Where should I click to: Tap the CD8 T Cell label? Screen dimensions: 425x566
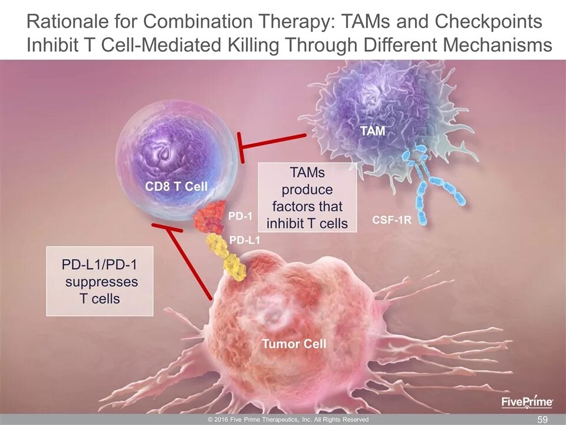(176, 187)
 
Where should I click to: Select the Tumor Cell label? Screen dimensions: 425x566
(294, 344)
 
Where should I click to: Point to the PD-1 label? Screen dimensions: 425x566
(240, 217)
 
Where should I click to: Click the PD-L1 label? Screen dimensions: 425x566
(244, 240)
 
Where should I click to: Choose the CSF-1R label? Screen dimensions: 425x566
(391, 221)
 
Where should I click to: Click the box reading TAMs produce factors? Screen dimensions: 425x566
(308, 197)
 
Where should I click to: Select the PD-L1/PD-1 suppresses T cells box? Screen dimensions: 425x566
(100, 282)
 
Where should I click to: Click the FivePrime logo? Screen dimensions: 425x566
(526, 402)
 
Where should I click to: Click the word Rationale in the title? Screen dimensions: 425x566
(77, 22)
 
